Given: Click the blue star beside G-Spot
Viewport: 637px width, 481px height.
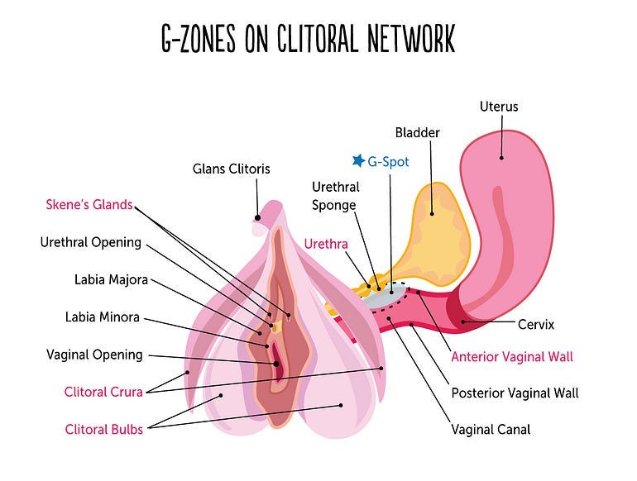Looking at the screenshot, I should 358,160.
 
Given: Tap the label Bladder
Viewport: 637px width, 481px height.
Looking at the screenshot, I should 417,132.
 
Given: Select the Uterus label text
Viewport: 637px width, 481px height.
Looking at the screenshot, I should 499,107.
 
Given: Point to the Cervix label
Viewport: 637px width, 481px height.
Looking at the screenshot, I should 535,325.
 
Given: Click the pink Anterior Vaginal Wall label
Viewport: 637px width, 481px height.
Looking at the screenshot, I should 512,357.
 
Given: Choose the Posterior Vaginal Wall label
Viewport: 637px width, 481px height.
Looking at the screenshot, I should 515,393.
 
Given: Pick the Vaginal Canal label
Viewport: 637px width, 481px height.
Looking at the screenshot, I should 491,429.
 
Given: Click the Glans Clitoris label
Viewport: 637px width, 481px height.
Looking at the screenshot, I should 232,169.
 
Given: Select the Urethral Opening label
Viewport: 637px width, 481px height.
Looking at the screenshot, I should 91,242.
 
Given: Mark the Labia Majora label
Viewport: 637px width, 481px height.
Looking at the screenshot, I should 111,279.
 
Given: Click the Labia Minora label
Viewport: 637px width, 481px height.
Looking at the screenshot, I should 103,317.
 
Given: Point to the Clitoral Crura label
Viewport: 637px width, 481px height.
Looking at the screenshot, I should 103,392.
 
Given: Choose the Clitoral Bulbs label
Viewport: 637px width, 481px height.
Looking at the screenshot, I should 103,429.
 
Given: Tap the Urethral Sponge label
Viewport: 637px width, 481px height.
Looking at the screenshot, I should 335,196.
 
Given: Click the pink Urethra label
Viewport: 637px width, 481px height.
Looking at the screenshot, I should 326,244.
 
